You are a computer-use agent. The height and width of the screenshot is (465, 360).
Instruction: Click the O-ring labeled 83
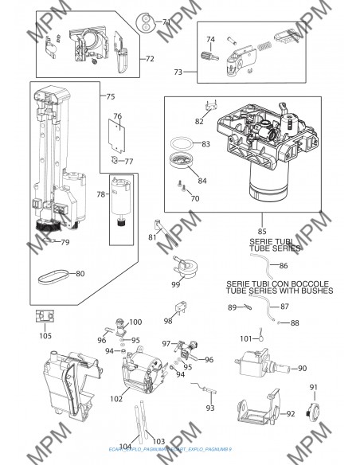click(185, 143)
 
